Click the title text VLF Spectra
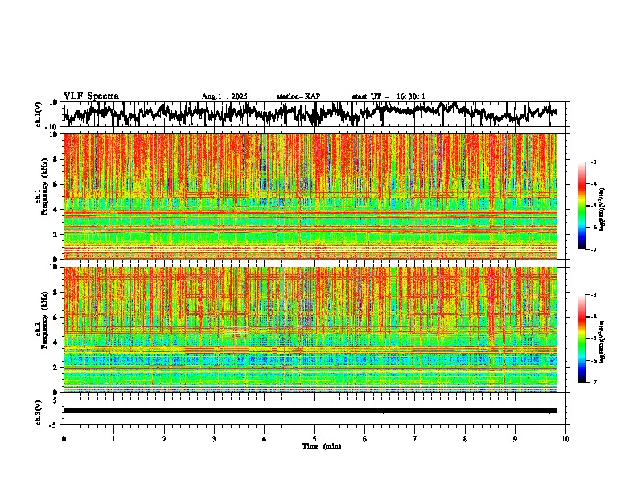tap(91, 96)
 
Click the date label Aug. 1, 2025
tap(224, 96)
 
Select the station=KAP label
tap(298, 96)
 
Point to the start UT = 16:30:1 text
tap(388, 96)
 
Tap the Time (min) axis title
tap(314, 445)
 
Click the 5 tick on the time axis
tap(314, 438)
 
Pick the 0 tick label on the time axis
tap(64, 438)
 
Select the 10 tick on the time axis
tap(565, 438)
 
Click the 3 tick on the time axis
tap(214, 438)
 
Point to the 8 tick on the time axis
tap(465, 438)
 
